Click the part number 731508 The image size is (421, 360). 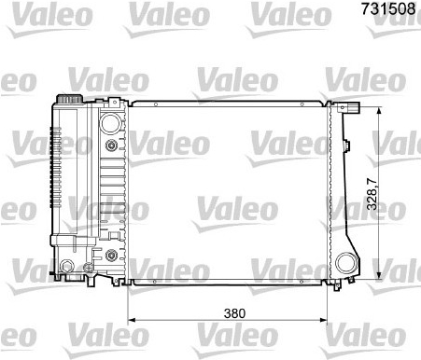(388, 8)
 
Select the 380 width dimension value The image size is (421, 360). (234, 313)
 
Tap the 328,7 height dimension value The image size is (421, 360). (372, 194)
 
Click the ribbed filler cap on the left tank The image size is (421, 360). (70, 99)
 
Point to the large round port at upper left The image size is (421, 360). (110, 123)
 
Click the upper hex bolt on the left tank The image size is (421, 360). (111, 145)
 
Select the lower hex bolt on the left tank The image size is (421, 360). (111, 255)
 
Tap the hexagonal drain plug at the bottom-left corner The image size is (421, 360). (67, 266)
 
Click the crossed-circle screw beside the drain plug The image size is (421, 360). (89, 268)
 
